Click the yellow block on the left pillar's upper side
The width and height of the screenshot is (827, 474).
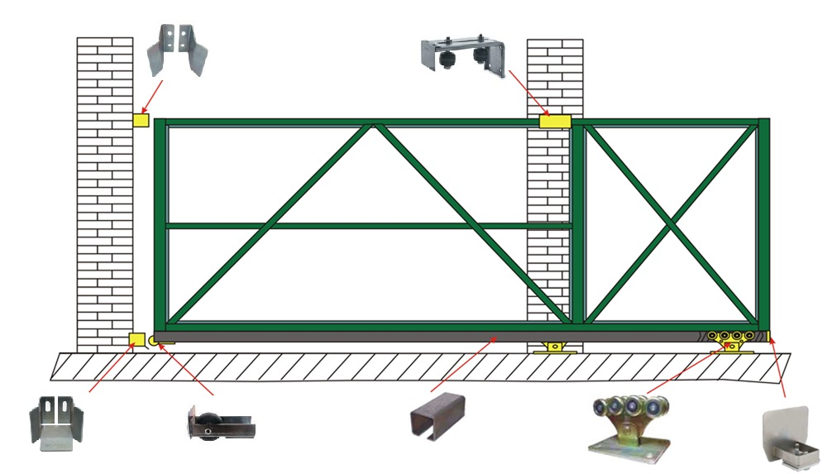coord(141,120)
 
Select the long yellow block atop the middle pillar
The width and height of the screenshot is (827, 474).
coord(555,122)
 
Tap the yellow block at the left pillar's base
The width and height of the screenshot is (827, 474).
coord(137,338)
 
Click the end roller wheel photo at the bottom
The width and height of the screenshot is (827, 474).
coord(220,424)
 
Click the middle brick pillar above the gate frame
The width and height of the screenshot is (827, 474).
coord(549,74)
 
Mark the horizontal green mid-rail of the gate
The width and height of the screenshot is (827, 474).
coord(347,225)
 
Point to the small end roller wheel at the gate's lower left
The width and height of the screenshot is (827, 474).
coord(155,338)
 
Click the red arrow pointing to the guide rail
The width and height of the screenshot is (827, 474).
coord(463,364)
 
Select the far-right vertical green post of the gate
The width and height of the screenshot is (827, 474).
coord(763,223)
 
